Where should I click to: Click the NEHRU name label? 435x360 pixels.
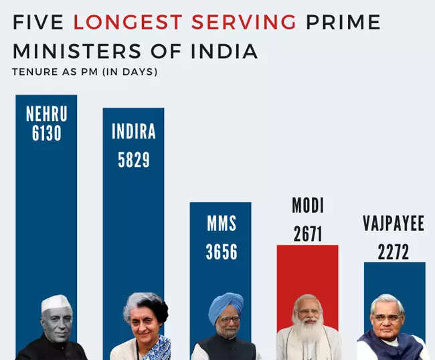pyautogui.click(x=46, y=114)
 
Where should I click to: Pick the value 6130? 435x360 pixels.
pyautogui.click(x=46, y=133)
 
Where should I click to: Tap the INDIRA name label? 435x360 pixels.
pyautogui.click(x=133, y=131)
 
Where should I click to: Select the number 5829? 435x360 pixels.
pyautogui.click(x=133, y=159)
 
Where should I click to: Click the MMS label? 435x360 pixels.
pyautogui.click(x=221, y=223)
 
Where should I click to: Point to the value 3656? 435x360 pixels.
pyautogui.click(x=221, y=252)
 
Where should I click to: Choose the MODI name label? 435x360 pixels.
pyautogui.click(x=307, y=205)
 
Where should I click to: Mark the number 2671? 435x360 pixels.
pyautogui.click(x=307, y=234)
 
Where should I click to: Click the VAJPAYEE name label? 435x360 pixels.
pyautogui.click(x=394, y=223)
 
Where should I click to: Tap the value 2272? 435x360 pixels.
pyautogui.click(x=394, y=252)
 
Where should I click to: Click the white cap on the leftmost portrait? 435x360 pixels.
pyautogui.click(x=56, y=303)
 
